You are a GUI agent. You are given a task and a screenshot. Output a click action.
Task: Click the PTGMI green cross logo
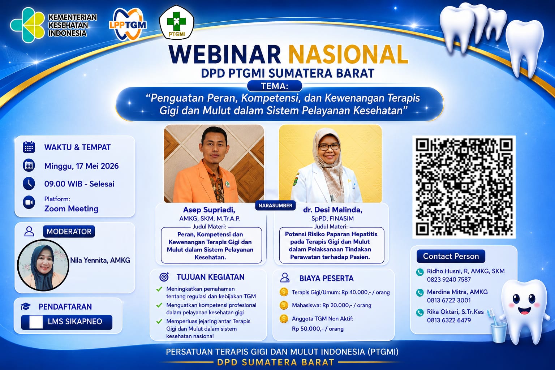point(176,22)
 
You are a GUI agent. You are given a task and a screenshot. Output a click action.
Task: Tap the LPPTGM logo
point(128,24)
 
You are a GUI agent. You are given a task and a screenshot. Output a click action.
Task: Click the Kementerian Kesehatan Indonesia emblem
point(27,25)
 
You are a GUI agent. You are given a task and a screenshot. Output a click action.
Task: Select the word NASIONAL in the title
point(348,55)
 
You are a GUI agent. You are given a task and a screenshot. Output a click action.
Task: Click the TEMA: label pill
point(275,86)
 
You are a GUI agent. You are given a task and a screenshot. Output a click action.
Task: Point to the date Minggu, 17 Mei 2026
point(81,166)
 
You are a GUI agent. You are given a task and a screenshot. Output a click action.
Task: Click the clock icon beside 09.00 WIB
point(29,184)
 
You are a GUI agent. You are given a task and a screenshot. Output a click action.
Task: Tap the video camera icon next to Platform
point(29,202)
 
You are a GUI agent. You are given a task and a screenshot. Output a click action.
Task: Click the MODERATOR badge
point(69,232)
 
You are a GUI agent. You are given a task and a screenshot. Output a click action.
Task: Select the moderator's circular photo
point(43,265)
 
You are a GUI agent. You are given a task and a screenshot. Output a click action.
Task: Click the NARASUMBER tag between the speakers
point(275,206)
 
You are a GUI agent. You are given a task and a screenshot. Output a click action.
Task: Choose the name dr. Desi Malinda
point(332,210)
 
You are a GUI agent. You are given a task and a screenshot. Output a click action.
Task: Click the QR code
point(464,187)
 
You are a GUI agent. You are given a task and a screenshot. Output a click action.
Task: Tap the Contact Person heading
point(451,256)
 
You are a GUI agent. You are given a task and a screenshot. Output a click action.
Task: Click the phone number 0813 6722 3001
point(449,300)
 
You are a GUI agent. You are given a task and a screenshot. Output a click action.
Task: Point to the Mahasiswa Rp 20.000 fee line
point(331,305)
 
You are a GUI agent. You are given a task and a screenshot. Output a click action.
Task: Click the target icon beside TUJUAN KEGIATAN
point(164,277)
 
